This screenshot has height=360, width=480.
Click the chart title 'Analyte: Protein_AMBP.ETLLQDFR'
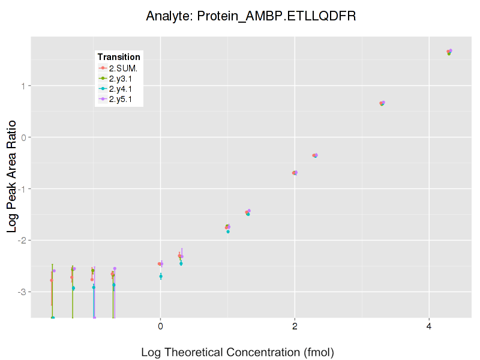(x=251, y=16)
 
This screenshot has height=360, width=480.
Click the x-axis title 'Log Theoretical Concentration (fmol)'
(x=237, y=352)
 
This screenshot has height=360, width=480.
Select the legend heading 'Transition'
(x=119, y=57)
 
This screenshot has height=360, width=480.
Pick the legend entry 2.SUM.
(x=123, y=68)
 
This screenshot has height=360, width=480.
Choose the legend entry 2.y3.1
(x=122, y=79)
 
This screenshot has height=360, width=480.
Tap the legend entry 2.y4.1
(x=122, y=89)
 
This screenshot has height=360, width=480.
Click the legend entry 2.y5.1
(x=122, y=99)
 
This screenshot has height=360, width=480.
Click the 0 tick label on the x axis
(x=160, y=326)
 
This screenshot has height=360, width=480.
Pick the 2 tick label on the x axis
(x=295, y=326)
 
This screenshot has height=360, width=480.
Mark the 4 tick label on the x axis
(x=429, y=326)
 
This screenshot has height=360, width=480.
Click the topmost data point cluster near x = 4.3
(x=449, y=52)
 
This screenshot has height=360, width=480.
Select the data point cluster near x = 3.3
(x=382, y=103)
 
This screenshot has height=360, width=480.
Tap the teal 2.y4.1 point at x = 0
(x=161, y=276)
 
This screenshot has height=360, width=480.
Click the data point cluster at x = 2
(x=295, y=173)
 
